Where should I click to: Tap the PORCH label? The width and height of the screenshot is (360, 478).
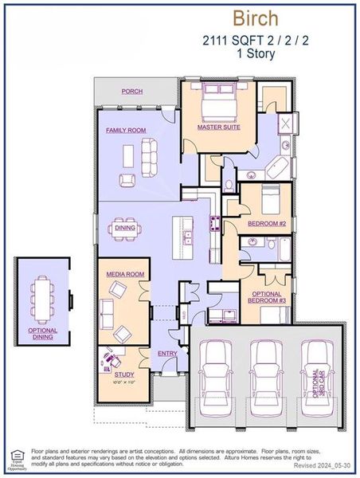pyautogui.click(x=132, y=92)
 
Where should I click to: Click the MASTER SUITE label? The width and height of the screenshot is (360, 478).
pyautogui.click(x=220, y=126)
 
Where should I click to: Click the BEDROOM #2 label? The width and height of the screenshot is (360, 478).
pyautogui.click(x=265, y=224)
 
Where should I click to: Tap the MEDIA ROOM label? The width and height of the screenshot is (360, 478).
pyautogui.click(x=124, y=274)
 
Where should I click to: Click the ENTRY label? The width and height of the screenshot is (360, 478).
pyautogui.click(x=167, y=354)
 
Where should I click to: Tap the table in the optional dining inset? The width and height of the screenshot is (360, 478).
pyautogui.click(x=43, y=296)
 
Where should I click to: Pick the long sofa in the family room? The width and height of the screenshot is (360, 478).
pyautogui.click(x=148, y=151)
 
